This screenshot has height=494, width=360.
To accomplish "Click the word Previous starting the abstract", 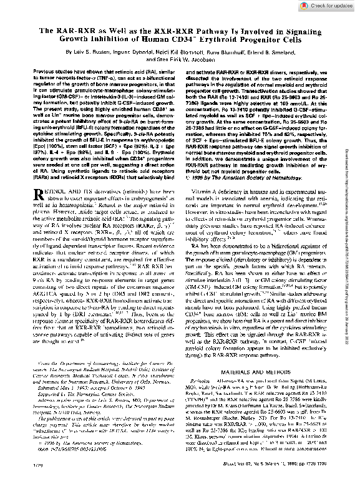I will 45,73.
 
